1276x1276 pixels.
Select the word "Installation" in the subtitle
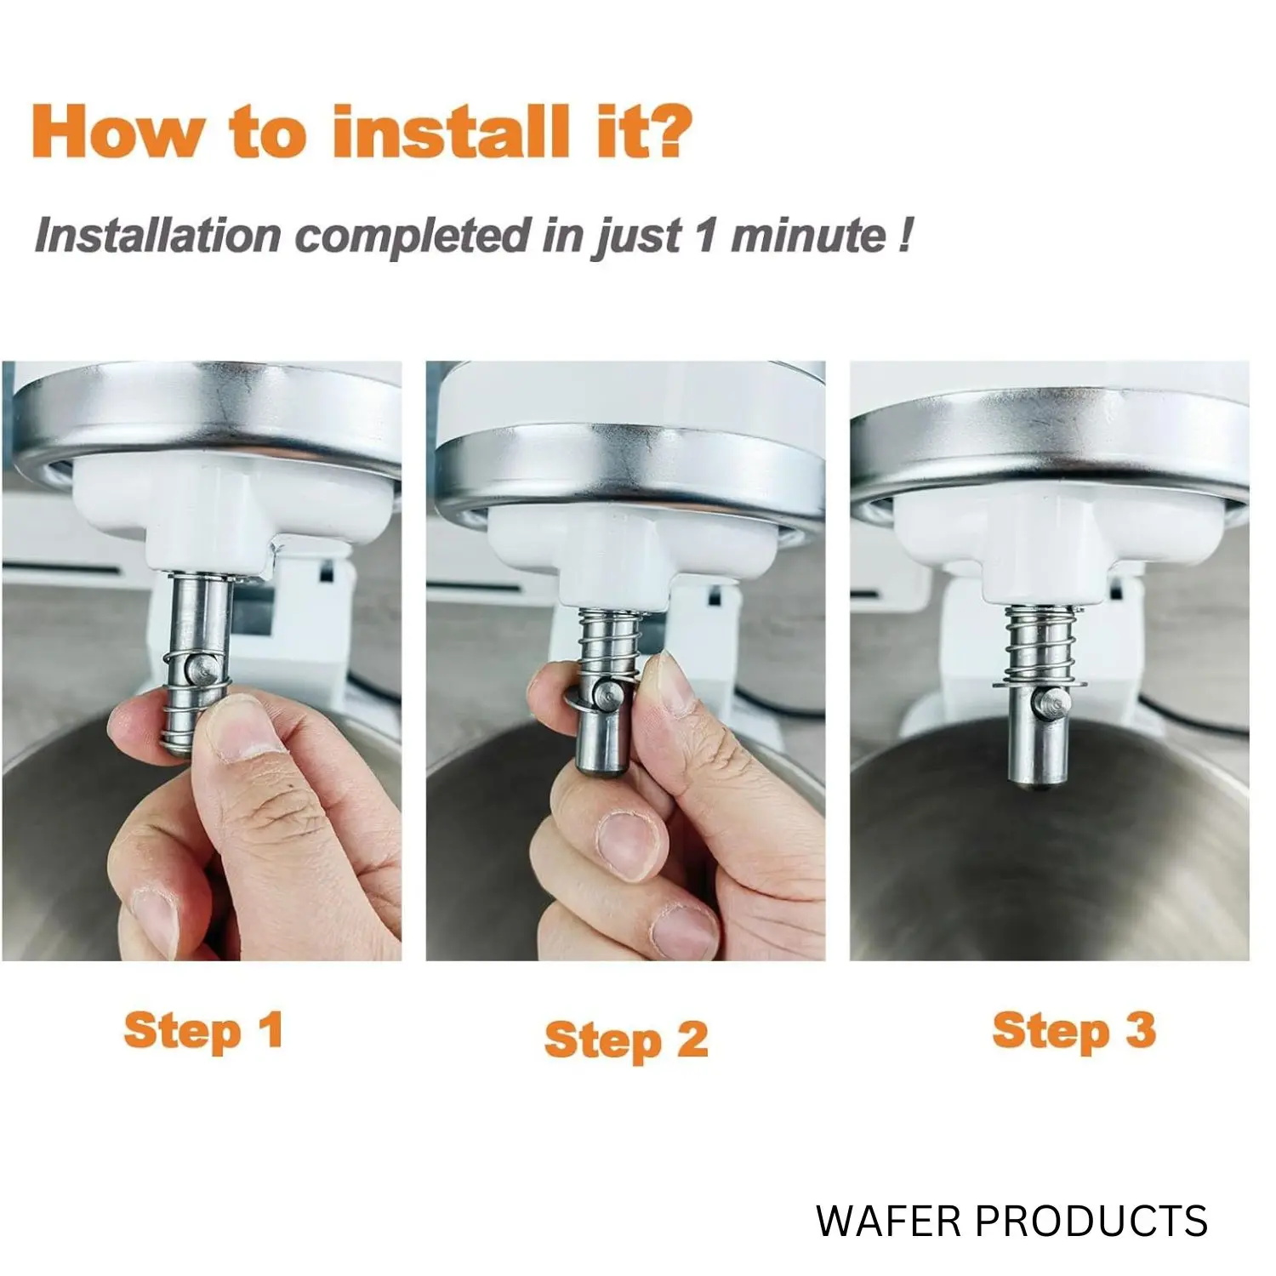(x=158, y=235)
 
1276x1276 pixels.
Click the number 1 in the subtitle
(x=706, y=235)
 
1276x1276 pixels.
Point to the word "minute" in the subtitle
(x=807, y=236)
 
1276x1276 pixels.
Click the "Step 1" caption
(x=203, y=1032)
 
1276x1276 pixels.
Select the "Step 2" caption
(x=626, y=1040)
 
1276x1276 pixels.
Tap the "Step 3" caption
(x=1074, y=1030)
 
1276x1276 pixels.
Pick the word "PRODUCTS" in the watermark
(x=1091, y=1221)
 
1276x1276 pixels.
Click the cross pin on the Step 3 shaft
(x=1052, y=703)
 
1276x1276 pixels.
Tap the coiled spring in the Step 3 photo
(x=1030, y=643)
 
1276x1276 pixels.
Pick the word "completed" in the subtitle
(x=413, y=236)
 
